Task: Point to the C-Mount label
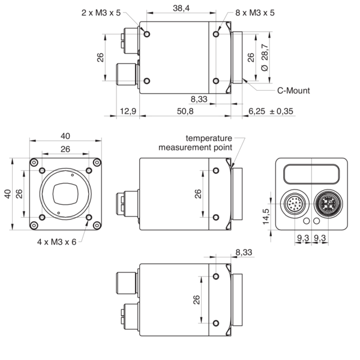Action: (293, 91)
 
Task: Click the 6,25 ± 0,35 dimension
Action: (271, 112)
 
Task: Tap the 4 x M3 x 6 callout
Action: (58, 242)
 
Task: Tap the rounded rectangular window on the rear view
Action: (312, 175)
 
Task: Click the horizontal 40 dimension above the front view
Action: (65, 136)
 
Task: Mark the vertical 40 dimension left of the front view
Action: (8, 194)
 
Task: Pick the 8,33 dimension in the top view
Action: (199, 99)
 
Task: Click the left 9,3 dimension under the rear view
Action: (302, 238)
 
